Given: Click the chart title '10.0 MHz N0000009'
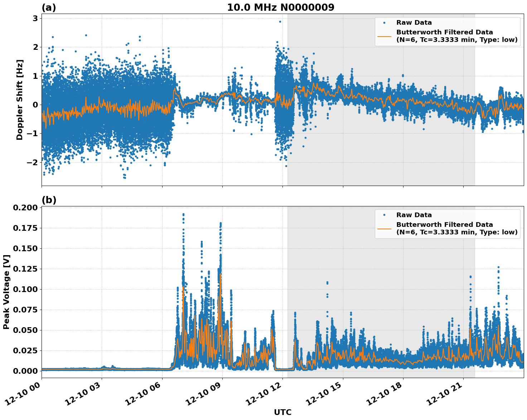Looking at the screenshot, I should click(281, 8).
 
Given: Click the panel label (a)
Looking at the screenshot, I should click(49, 8).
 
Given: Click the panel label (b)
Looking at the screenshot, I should click(49, 200).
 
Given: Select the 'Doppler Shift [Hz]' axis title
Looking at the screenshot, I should click(20, 100).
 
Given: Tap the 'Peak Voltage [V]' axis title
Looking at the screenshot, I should click(6, 292).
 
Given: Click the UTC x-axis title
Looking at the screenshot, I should click(282, 412).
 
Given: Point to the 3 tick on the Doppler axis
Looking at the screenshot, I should click(35, 19).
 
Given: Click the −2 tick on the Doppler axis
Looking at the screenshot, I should click(33, 162).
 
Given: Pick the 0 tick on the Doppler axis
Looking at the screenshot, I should click(35, 105).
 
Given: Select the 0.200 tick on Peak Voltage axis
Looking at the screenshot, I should click(25, 208).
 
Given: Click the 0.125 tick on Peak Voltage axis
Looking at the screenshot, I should click(25, 269).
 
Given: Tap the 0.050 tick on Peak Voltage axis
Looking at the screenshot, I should click(25, 330).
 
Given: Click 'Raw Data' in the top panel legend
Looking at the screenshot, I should click(414, 23).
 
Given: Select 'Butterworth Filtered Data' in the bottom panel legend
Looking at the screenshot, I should click(444, 225).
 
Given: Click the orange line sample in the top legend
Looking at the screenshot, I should click(385, 36).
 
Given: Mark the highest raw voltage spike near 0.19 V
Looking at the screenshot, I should click(183, 214).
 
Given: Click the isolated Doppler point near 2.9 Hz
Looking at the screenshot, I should click(280, 22).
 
